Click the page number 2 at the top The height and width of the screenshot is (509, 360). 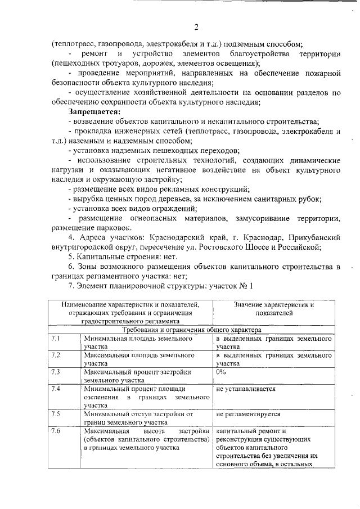pyautogui.click(x=196, y=28)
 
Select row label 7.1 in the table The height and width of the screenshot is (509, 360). pyautogui.click(x=56, y=339)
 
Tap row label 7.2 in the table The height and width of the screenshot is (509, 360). pyautogui.click(x=56, y=355)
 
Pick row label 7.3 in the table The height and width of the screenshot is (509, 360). pyautogui.click(x=56, y=372)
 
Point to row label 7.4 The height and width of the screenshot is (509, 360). pyautogui.click(x=56, y=388)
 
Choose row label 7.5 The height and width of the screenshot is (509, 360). pyautogui.click(x=56, y=413)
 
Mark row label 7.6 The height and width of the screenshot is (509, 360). pyautogui.click(x=56, y=430)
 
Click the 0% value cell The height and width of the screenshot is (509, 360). pyautogui.click(x=221, y=372)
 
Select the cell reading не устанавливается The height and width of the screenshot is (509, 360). pyautogui.click(x=246, y=389)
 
